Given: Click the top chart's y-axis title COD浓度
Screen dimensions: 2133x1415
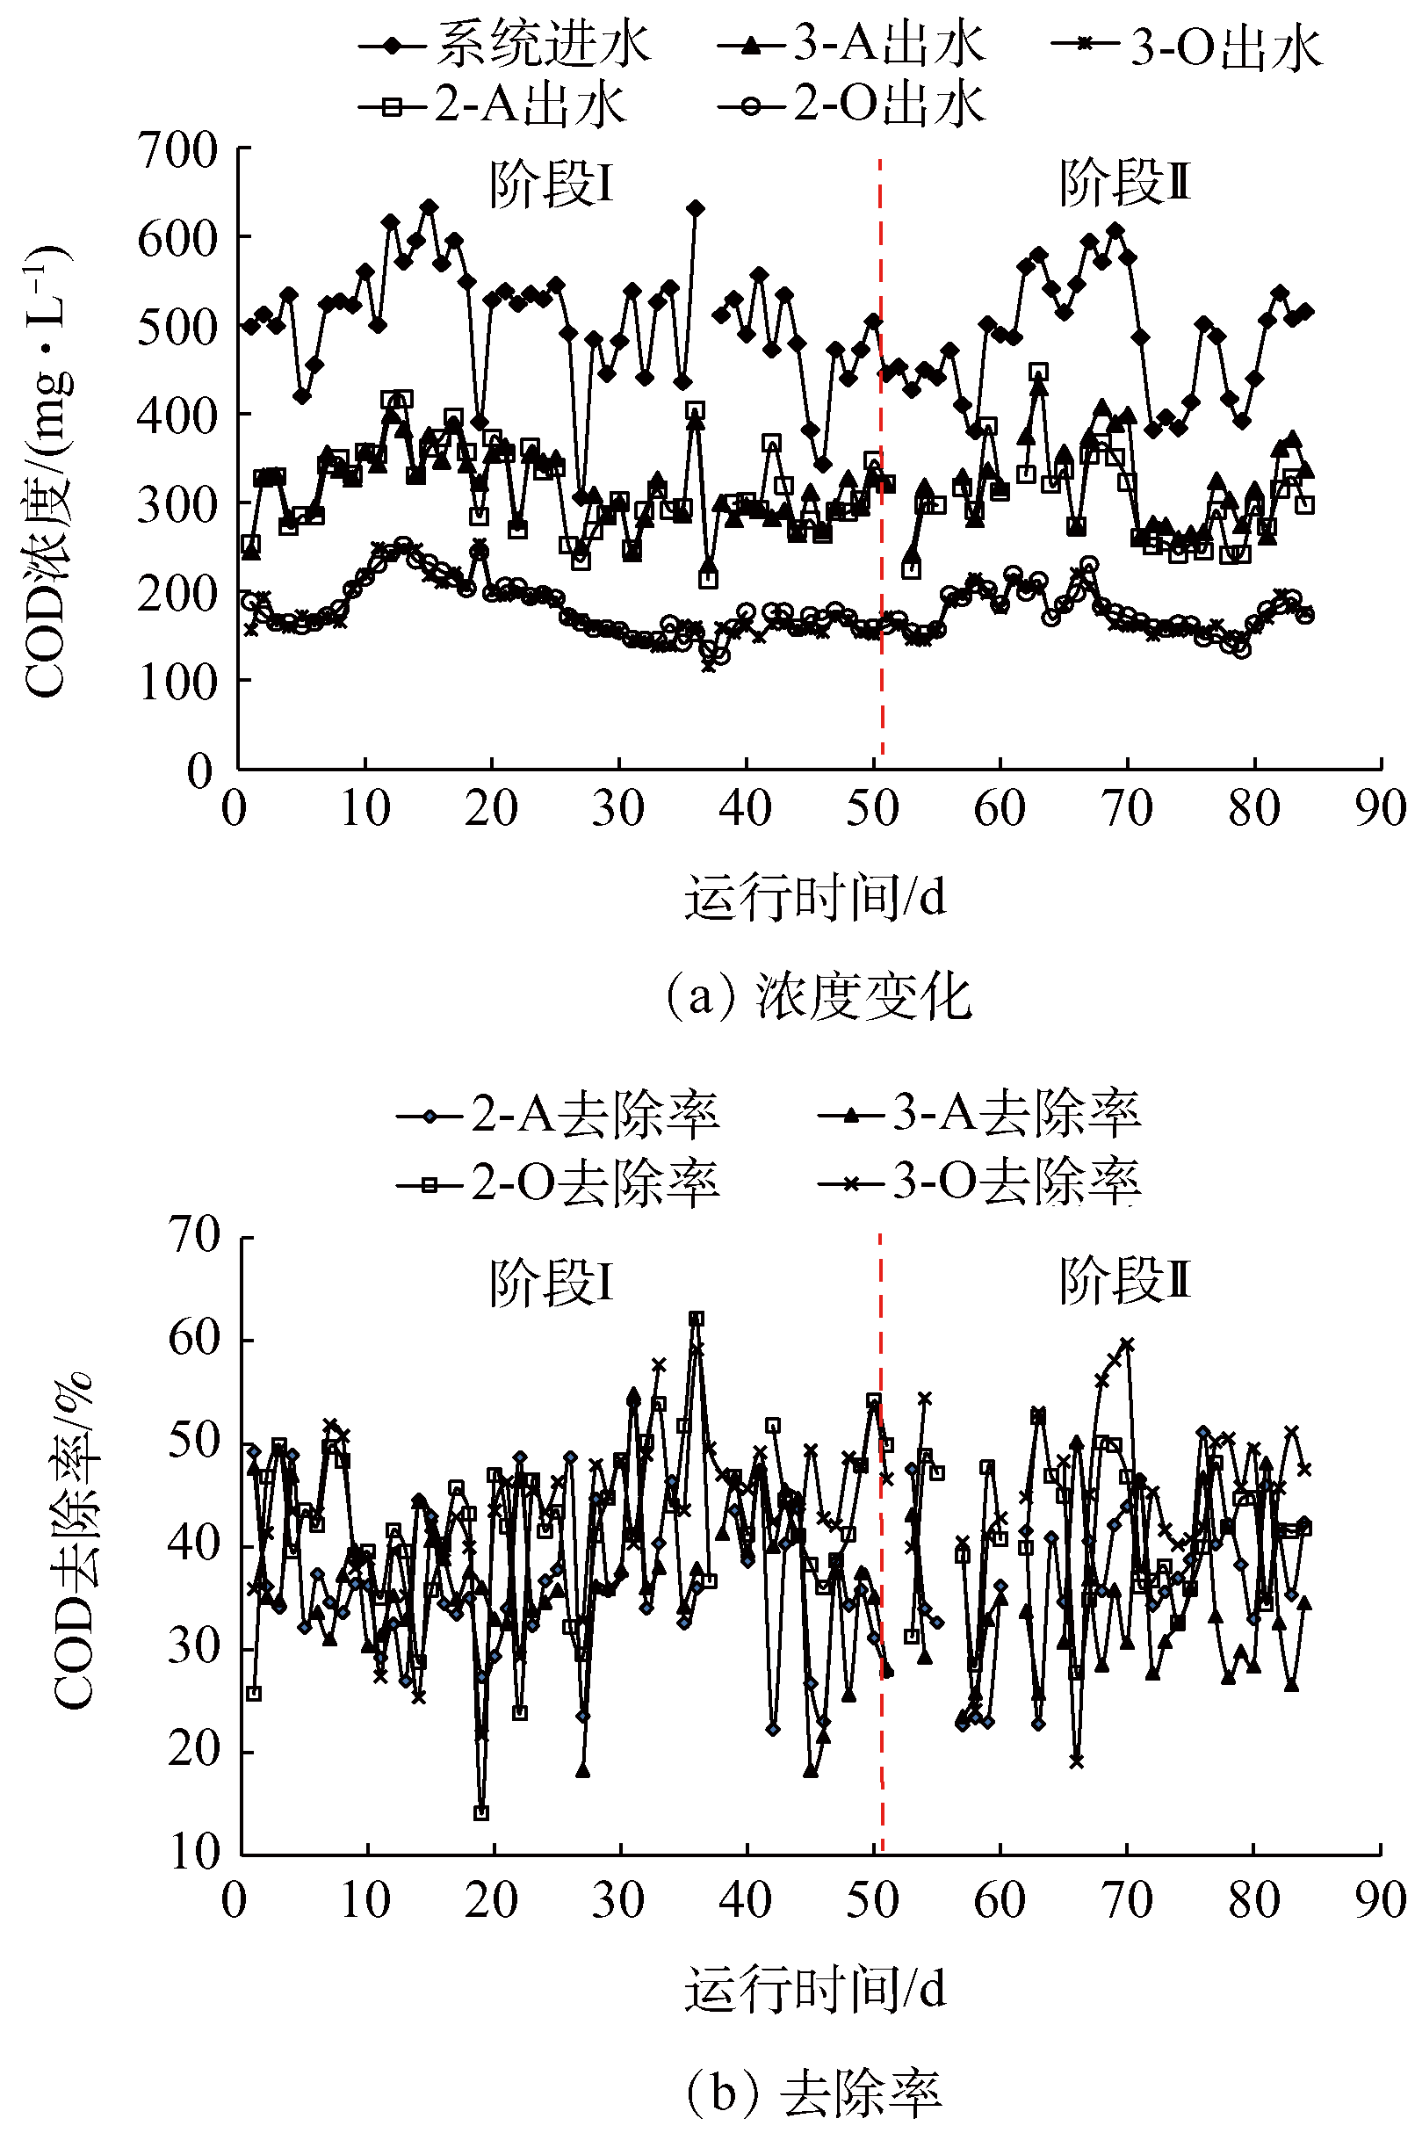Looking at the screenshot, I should pos(45,469).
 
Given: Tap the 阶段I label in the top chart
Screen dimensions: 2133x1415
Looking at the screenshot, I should pos(552,185).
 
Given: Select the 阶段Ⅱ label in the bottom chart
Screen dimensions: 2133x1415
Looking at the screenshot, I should pos(1124,1281).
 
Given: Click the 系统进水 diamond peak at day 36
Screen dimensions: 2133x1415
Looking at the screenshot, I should pos(695,209).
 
